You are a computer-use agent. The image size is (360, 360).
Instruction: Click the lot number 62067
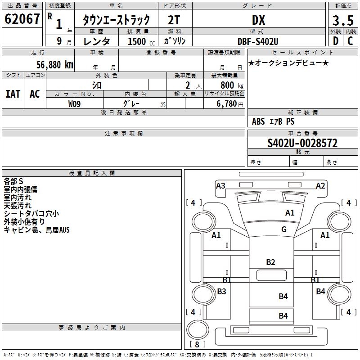point(22,19)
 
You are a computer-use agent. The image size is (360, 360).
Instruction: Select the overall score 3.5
point(343,21)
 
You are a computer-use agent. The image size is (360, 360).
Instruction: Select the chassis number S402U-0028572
point(302,143)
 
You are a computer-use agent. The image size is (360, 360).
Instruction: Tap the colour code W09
point(75,103)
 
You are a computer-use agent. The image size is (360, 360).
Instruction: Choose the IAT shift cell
point(13,94)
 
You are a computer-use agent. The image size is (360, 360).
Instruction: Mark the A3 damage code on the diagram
point(220,185)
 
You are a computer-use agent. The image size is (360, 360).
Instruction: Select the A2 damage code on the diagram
point(320,185)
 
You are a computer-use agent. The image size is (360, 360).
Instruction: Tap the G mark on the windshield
point(284,229)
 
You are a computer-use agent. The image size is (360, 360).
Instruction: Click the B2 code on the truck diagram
point(270,262)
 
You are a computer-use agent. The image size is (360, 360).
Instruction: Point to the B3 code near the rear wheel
point(221,292)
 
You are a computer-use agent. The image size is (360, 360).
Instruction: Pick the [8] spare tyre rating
point(197,345)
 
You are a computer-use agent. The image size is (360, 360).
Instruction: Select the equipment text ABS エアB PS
point(274,121)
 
